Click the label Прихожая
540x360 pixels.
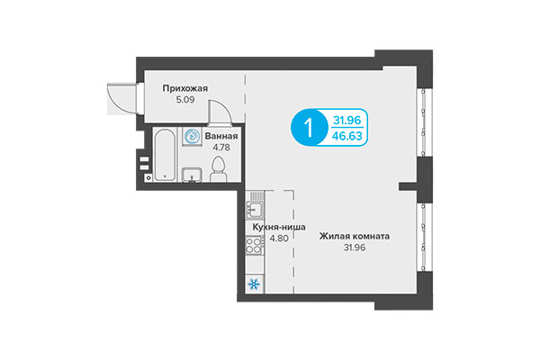pos(185,88)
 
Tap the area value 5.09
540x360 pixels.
pos(184,100)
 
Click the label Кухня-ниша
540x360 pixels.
pos(290,228)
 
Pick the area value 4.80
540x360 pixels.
pos(290,239)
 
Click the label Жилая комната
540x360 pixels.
pos(354,238)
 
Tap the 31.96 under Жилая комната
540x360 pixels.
pos(354,249)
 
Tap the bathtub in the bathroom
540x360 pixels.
pos(164,157)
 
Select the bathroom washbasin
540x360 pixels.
pos(192,175)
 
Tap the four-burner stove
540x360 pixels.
pos(254,247)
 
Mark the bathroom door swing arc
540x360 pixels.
pos(217,113)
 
